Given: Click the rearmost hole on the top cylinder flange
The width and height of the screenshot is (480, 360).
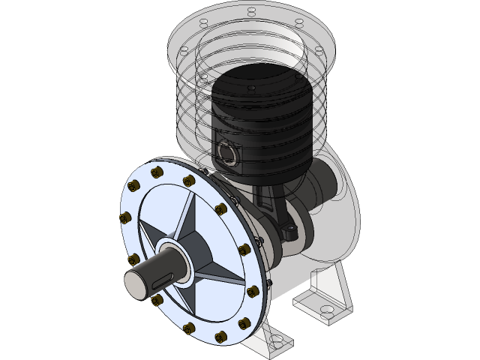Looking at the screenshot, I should (250, 10).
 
